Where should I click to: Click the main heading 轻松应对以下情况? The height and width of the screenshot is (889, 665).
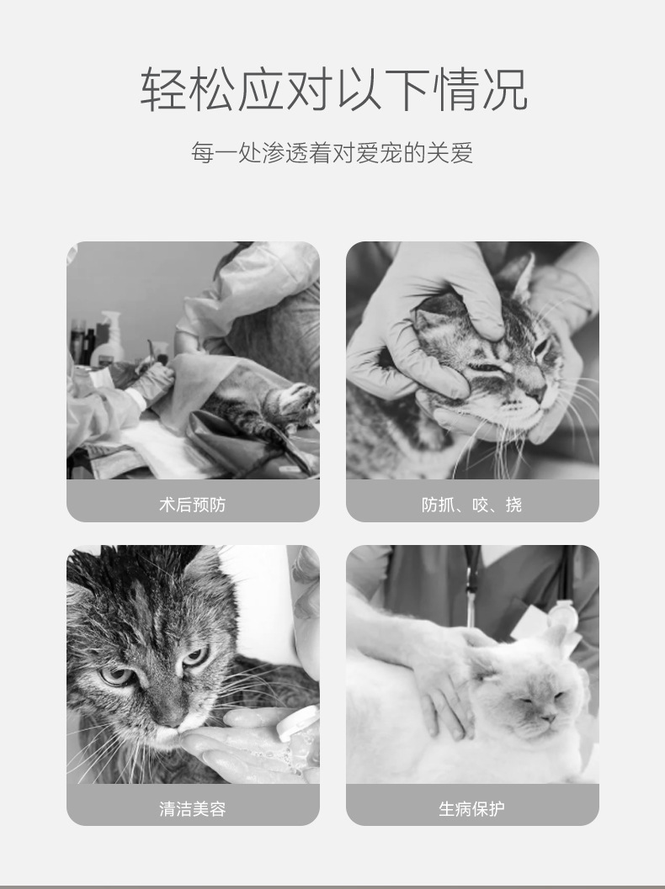(333, 89)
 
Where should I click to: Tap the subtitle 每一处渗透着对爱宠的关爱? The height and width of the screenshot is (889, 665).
(332, 152)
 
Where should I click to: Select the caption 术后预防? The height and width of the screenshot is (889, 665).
(193, 504)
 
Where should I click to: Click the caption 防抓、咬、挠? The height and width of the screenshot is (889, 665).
(471, 504)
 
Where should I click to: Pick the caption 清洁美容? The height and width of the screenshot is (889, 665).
(193, 808)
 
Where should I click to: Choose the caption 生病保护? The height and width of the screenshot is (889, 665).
(471, 808)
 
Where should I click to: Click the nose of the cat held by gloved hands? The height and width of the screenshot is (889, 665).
(537, 392)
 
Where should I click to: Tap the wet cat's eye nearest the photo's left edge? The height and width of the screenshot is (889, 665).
(116, 675)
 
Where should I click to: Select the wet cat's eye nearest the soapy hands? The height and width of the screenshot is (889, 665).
(194, 657)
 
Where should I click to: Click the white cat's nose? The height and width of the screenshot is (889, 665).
(548, 718)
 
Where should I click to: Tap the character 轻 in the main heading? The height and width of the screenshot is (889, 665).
(163, 89)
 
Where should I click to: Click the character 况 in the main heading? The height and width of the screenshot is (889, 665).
(505, 89)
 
